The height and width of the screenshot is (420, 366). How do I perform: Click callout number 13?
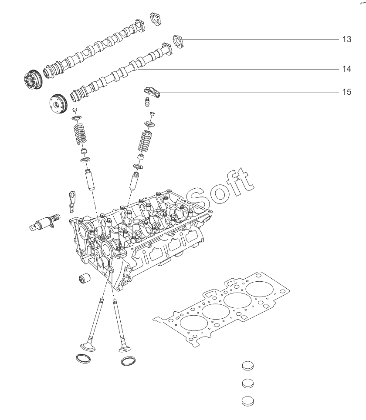point(346,39)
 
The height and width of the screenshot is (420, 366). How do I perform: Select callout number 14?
point(346,69)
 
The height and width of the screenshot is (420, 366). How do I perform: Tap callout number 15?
point(346,92)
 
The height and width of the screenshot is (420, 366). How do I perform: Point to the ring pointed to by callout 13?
point(179,42)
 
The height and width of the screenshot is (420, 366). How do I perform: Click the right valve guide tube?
point(134,182)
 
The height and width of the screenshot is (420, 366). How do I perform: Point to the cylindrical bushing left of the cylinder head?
point(84,278)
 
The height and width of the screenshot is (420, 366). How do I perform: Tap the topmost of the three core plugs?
point(247,366)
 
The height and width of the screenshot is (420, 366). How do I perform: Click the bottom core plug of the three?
point(247,401)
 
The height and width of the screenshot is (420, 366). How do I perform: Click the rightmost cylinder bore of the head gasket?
point(260,290)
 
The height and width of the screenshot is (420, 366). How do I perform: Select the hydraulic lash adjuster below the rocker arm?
point(148,102)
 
